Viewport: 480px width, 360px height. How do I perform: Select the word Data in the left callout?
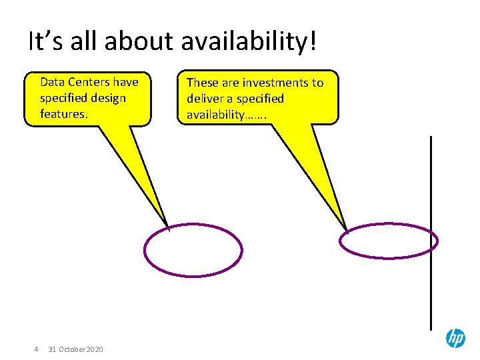click(52, 82)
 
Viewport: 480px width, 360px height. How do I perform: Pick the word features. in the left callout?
click(64, 114)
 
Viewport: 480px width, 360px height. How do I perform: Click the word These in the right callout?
click(203, 83)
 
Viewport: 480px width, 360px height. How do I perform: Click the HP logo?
click(455, 339)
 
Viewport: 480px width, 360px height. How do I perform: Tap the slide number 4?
click(36, 349)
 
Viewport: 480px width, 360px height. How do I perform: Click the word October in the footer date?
click(72, 349)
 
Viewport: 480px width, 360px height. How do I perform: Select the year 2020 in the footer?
click(95, 349)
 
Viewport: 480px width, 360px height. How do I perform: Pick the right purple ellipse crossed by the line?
click(389, 241)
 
